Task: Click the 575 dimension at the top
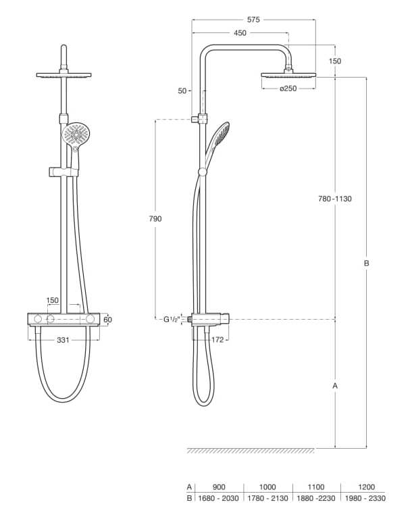tap(254, 20)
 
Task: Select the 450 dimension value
tap(240, 32)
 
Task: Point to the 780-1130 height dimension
tap(336, 199)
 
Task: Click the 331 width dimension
tap(63, 341)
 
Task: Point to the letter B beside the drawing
tap(366, 264)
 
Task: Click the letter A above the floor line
tap(336, 385)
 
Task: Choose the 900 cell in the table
tap(220, 487)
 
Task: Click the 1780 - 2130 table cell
tap(267, 499)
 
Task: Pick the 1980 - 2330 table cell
tap(365, 499)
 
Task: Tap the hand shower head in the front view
tap(76, 133)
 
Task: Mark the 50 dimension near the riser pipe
tap(183, 90)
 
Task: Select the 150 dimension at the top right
tap(335, 61)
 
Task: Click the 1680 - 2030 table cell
tap(220, 499)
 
